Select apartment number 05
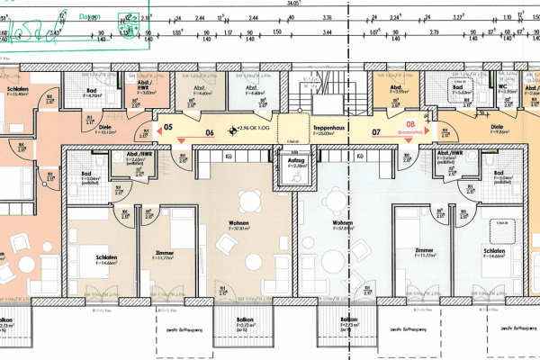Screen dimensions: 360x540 pyautogui.click(x=167, y=128)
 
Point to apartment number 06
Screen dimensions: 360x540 pyautogui.click(x=211, y=132)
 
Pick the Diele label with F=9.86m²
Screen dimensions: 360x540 pyautogui.click(x=496, y=128)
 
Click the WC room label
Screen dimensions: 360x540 pyautogui.click(x=476, y=86)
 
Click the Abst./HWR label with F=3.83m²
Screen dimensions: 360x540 pyautogui.click(x=143, y=86)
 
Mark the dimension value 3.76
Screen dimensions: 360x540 pyautogui.click(x=328, y=17)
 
